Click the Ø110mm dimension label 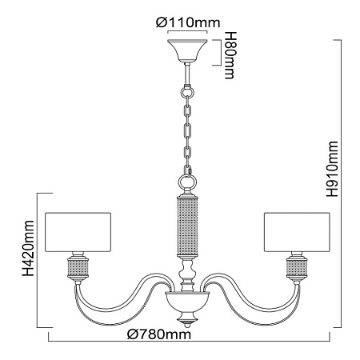pyautogui.click(x=188, y=22)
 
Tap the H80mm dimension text pyautogui.click(x=230, y=55)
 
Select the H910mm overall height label pyautogui.click(x=333, y=169)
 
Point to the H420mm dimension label pyautogui.click(x=28, y=248)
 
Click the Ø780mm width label pyautogui.click(x=159, y=334)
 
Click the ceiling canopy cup pyautogui.click(x=187, y=50)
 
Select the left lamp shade pyautogui.click(x=78, y=232)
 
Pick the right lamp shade pyautogui.click(x=297, y=232)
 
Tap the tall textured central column pyautogui.click(x=187, y=226)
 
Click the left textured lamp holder pyautogui.click(x=78, y=268)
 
